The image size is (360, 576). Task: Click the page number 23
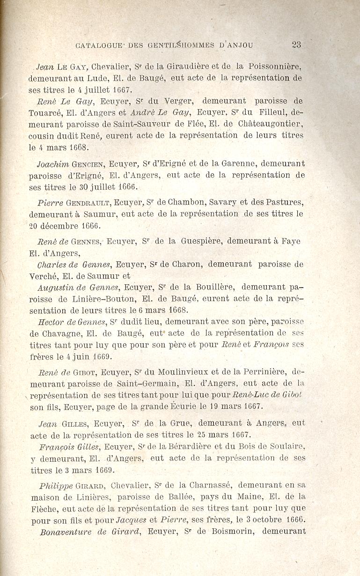pyautogui.click(x=296, y=45)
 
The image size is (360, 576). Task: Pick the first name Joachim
pyautogui.click(x=53, y=164)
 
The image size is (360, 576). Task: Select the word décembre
pyautogui.click(x=59, y=226)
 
